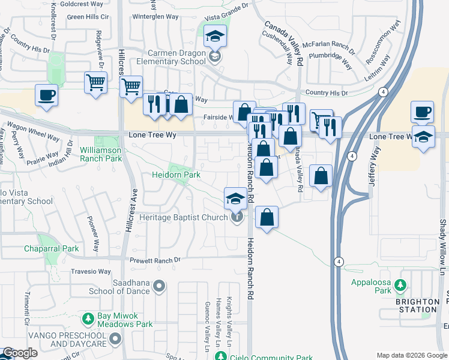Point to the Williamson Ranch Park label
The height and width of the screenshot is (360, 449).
(x=100, y=154)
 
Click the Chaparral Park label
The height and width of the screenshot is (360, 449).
(x=52, y=248)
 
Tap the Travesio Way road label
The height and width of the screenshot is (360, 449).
(x=91, y=272)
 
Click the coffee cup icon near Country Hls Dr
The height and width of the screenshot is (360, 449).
(x=422, y=112)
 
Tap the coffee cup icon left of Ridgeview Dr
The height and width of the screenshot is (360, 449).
(x=46, y=95)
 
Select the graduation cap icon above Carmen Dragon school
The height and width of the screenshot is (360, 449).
(x=215, y=36)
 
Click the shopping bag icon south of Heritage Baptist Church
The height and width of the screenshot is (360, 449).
(x=267, y=217)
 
